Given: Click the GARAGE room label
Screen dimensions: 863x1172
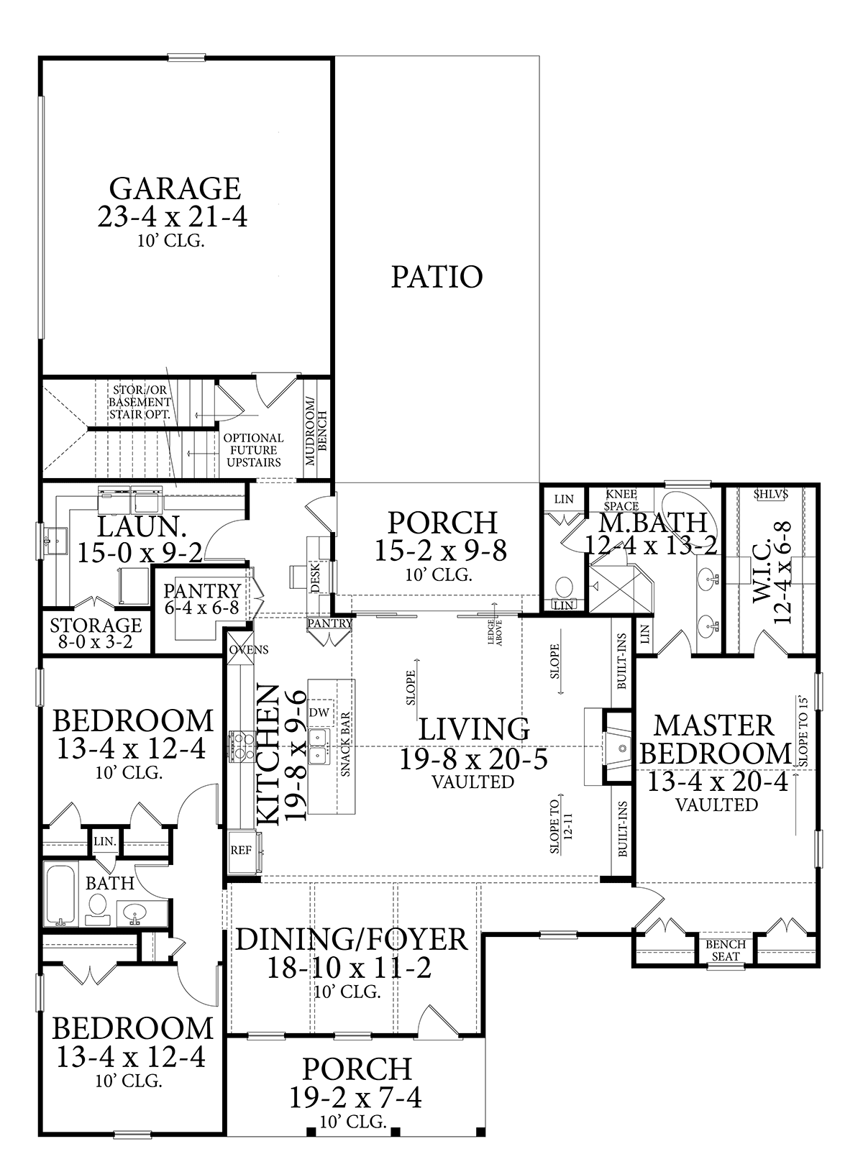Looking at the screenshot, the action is (x=175, y=188).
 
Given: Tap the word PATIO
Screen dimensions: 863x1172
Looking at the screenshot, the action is (x=437, y=277).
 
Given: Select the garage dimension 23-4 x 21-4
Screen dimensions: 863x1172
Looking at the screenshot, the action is (x=172, y=216).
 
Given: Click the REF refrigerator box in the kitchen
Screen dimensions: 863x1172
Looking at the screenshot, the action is (x=242, y=851).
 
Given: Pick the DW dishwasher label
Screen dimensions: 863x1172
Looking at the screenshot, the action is (x=319, y=712).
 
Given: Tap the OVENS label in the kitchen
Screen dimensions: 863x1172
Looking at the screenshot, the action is (x=249, y=650).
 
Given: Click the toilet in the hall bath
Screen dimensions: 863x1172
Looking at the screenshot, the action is (x=97, y=910).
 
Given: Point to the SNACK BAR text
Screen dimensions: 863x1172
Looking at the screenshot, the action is (x=345, y=744).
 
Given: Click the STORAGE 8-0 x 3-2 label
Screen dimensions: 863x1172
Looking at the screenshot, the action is (x=96, y=633).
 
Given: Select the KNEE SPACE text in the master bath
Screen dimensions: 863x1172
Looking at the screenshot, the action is (x=621, y=500).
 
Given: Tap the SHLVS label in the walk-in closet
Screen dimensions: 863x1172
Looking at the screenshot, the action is (x=771, y=494).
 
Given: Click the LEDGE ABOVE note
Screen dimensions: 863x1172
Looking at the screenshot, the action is (x=495, y=632).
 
